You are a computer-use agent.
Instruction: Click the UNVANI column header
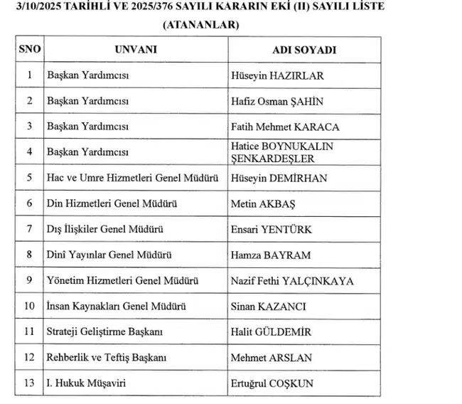pos(135,50)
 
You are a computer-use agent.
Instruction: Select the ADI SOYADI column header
pos(304,50)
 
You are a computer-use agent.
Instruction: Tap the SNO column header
pos(30,50)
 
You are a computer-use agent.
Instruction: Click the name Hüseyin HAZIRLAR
pos(267,75)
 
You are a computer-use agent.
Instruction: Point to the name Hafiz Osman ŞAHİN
pos(277,101)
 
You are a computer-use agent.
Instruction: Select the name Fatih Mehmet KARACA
pos(285,127)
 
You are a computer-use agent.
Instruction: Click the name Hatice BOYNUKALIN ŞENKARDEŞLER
pos(282,151)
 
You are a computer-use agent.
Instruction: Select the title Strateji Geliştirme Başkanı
pos(105,331)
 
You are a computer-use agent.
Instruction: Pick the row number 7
pos(30,229)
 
